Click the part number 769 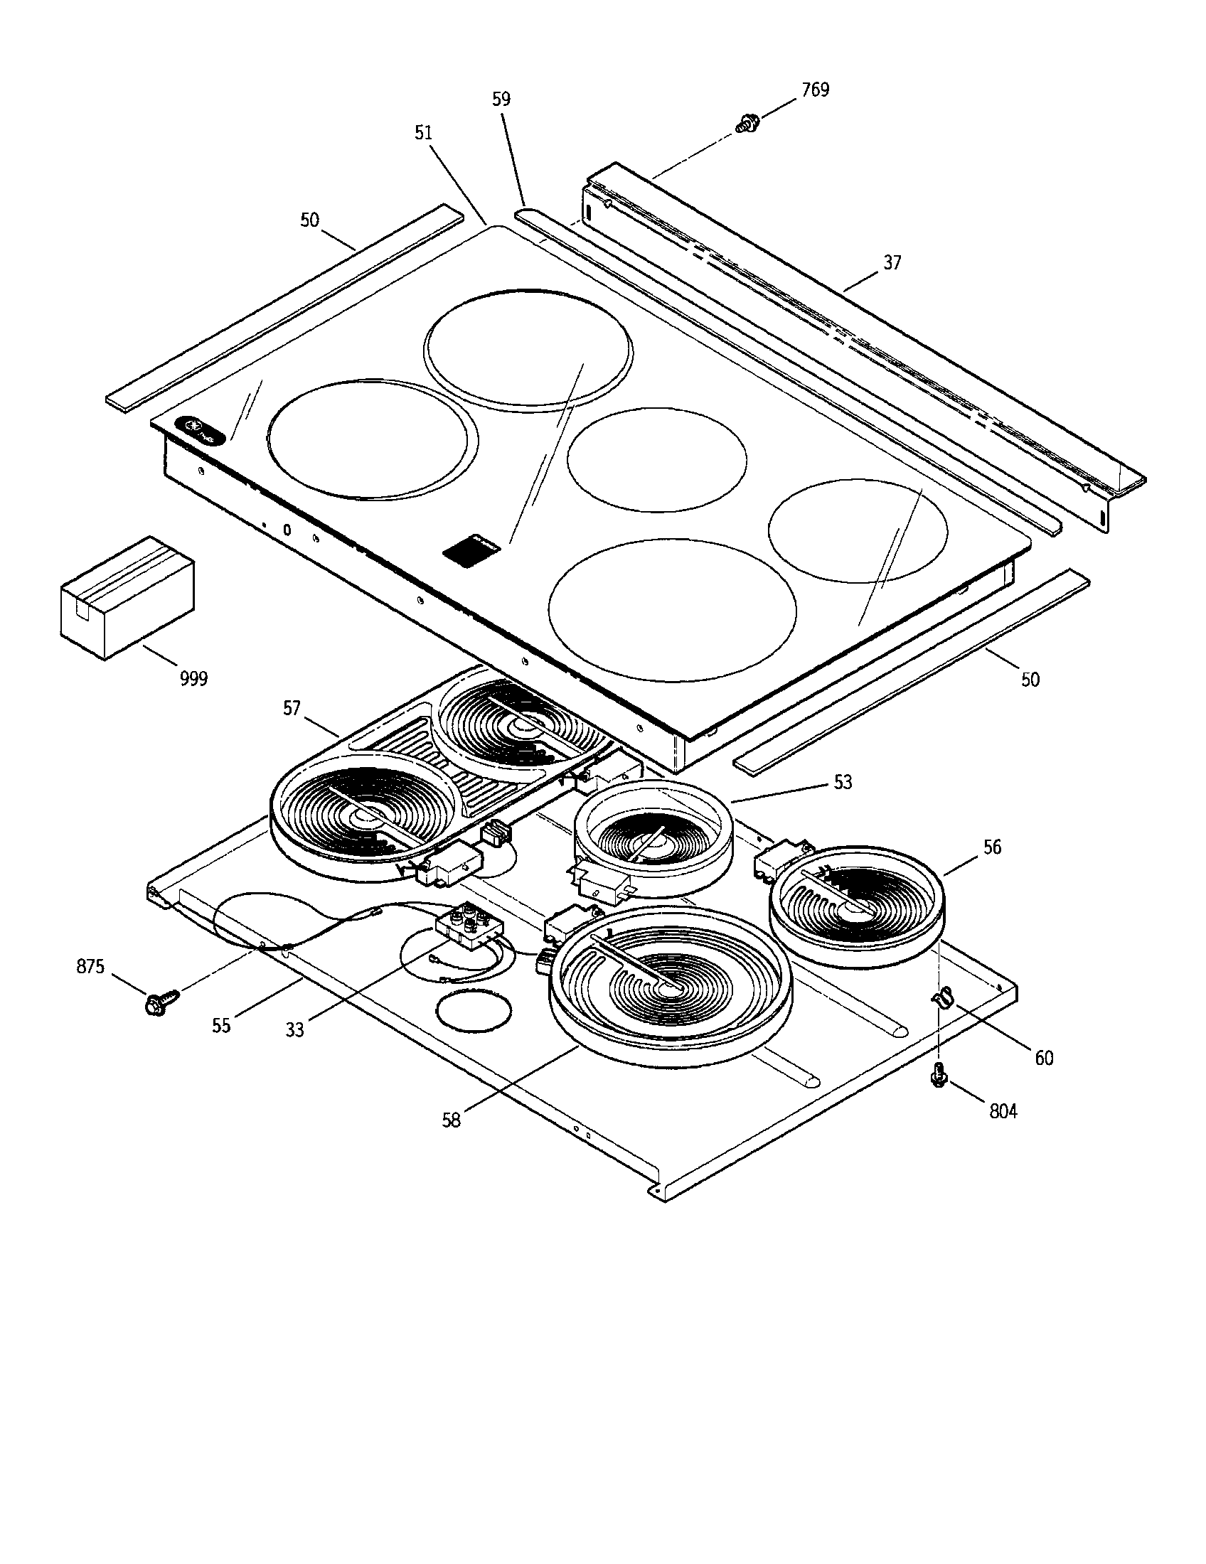click(x=815, y=90)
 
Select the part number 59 click(x=501, y=99)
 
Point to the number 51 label click(x=423, y=132)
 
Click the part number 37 click(x=892, y=263)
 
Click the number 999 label click(x=193, y=678)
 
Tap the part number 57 click(x=292, y=708)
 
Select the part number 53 click(x=843, y=782)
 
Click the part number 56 click(x=992, y=847)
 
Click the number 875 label click(x=90, y=966)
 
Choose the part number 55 click(x=221, y=1024)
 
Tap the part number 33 click(x=294, y=1030)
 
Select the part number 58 click(x=451, y=1120)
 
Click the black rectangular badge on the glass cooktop click(x=471, y=550)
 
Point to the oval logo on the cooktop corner click(x=201, y=429)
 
